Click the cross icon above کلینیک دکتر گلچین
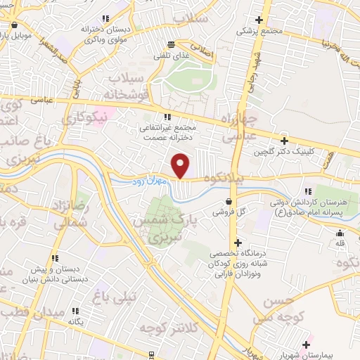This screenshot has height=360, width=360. tap(283, 141)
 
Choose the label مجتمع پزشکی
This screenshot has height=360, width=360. tap(259, 31)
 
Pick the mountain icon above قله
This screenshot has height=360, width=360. tap(340, 233)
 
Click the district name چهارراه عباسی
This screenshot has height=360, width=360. tap(240, 126)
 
